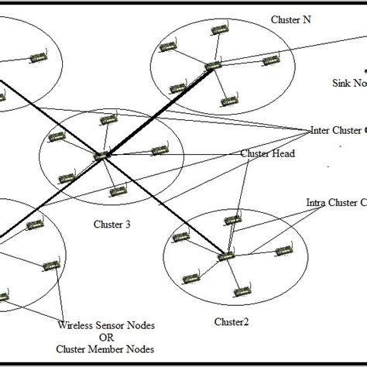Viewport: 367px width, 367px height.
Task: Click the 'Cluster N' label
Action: point(287,18)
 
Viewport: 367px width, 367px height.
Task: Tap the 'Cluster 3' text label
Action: point(111,225)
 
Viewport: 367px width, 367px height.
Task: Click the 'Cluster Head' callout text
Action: point(267,153)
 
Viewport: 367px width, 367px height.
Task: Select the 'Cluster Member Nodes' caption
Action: point(104,350)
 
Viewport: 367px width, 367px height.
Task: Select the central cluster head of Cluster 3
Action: point(101,156)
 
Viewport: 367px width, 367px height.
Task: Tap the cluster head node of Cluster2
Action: point(226,256)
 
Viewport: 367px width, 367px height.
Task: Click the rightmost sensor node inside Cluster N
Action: point(269,60)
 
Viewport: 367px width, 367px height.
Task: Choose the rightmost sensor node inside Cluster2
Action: point(284,250)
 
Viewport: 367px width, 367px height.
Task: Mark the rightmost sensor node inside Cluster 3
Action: point(159,149)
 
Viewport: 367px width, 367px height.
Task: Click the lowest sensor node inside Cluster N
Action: point(228,101)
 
